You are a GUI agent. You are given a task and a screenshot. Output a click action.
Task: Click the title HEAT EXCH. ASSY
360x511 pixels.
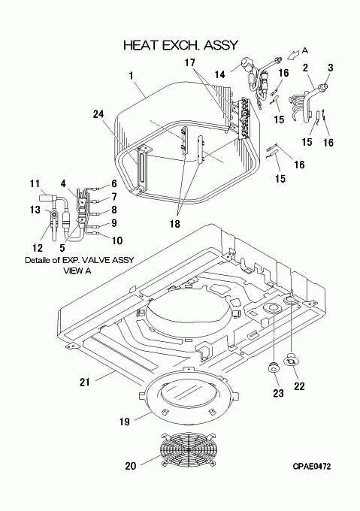181,45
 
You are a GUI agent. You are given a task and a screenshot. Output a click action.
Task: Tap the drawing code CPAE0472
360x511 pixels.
311,467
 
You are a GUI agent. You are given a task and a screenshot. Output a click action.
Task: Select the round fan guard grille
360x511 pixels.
189,449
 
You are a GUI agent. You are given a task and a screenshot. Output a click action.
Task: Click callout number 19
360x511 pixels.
125,422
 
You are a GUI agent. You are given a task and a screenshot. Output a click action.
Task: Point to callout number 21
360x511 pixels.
85,382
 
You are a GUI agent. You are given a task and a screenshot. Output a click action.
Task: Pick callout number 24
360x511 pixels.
98,114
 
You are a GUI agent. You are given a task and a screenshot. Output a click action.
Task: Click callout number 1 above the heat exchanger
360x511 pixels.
131,76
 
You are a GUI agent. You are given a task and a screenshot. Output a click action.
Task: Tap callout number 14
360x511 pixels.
220,74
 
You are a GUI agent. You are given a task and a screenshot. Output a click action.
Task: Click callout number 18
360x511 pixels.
175,224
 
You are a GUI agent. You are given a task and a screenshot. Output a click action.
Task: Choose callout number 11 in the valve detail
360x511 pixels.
35,184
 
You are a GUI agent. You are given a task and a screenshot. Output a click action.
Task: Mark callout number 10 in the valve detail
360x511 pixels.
117,240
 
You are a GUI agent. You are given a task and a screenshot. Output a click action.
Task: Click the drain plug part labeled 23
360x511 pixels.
273,367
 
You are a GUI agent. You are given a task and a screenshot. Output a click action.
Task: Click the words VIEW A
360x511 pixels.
77,271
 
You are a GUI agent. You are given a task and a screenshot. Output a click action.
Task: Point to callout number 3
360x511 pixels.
331,68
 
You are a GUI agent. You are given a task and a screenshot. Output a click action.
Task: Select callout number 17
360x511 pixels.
190,62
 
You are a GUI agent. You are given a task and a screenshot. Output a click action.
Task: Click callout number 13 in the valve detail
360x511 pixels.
35,210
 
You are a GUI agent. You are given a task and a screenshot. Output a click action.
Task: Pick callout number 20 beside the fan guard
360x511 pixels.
130,466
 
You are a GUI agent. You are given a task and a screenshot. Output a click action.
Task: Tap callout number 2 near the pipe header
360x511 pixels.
305,68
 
